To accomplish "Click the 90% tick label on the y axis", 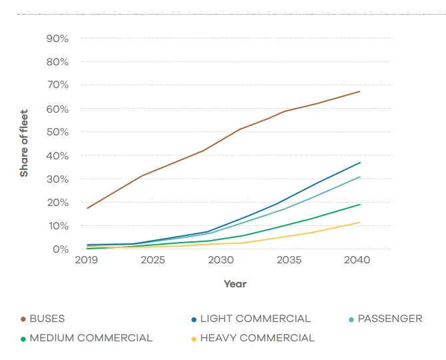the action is [x=57, y=39].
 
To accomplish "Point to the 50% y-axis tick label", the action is [x=57, y=132].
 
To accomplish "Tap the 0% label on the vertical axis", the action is [x=61, y=249].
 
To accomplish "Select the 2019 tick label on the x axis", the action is [x=87, y=259].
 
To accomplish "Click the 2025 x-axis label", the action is [x=153, y=259].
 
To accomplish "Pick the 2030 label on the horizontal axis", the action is [x=221, y=259].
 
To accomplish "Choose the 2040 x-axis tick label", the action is [x=357, y=259].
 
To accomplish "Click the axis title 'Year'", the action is [x=235, y=284].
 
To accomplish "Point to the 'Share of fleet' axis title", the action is [x=24, y=143].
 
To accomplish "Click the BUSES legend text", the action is [x=47, y=319].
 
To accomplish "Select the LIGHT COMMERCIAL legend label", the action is [x=255, y=319].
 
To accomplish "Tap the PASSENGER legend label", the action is [x=390, y=319].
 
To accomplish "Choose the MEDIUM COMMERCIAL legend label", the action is [x=91, y=338].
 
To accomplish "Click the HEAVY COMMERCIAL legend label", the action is [x=257, y=338].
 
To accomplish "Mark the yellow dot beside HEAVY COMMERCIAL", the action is [x=194, y=339].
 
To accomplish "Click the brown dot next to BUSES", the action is [x=23, y=319].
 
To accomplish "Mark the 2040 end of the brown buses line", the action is [x=360, y=91].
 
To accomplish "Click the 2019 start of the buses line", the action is [x=87, y=208].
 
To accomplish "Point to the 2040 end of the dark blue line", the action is [x=360, y=163].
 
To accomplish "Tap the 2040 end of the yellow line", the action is [x=360, y=223].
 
